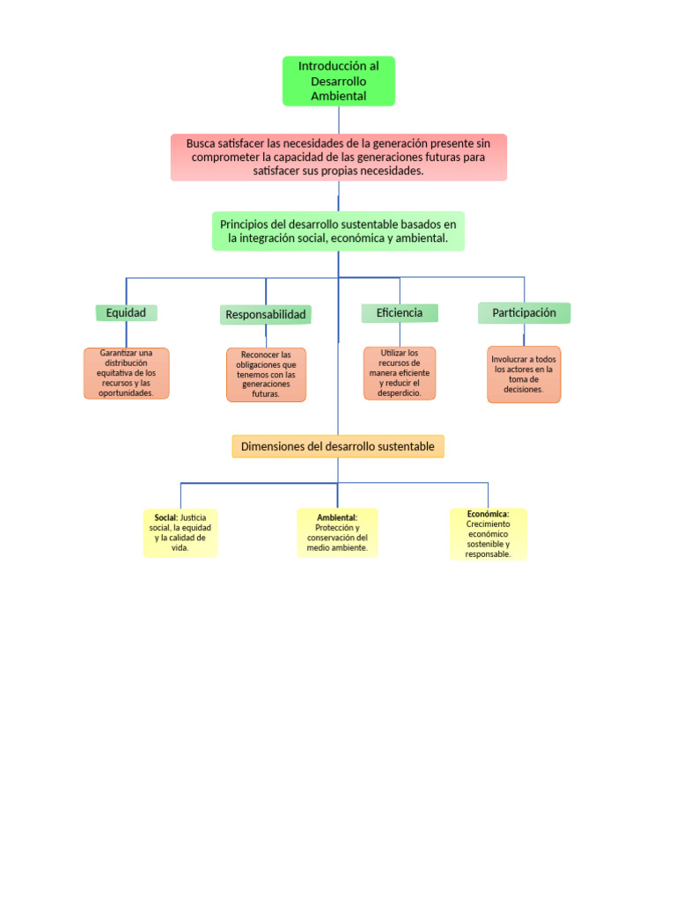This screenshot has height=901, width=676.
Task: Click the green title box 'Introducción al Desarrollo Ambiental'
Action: pos(338,81)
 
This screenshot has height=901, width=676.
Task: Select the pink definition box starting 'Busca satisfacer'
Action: pos(338,157)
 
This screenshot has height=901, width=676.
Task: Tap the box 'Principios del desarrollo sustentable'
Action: pos(338,231)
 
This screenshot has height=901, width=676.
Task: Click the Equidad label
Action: pos(126,313)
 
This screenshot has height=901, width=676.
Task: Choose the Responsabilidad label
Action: pos(266,315)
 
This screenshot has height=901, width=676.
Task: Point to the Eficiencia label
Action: pos(400,313)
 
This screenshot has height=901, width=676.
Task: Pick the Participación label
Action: pos(524,313)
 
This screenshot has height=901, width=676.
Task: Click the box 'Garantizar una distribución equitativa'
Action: pos(126,373)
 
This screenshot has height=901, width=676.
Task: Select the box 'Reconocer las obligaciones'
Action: pos(266,375)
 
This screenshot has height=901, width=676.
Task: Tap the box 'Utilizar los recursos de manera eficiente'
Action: pos(400,373)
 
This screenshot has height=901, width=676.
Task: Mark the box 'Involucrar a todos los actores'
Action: pos(524,374)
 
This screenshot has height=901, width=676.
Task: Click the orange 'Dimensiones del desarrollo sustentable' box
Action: pos(338,447)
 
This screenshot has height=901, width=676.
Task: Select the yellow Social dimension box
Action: pos(180,532)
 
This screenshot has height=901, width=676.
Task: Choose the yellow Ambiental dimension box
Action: pos(337,532)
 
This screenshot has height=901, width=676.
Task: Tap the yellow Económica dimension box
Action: pos(488,533)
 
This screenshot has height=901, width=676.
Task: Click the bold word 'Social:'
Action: pos(165,517)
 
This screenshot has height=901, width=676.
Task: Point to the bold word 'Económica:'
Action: pos(488,513)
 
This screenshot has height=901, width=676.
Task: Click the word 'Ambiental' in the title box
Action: pos(338,96)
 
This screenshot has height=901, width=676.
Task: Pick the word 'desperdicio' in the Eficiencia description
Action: pos(400,393)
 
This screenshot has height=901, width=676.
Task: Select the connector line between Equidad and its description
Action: pos(126,334)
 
